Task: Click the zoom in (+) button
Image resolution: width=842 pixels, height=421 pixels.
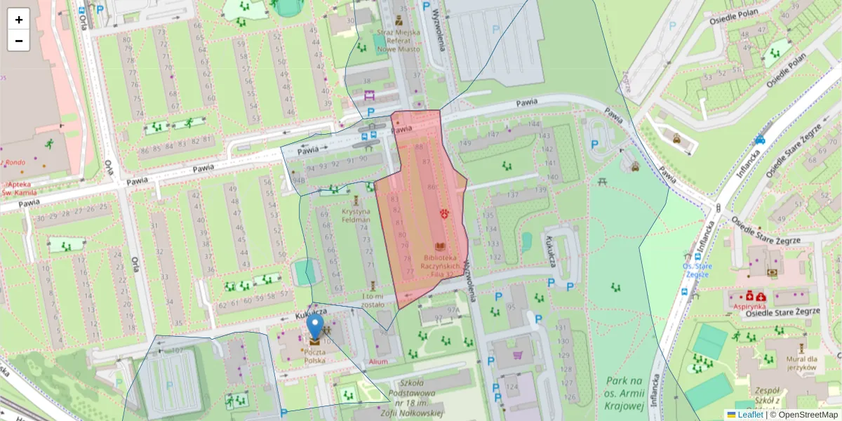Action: pos(19,20)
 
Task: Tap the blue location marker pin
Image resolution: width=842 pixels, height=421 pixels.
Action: pos(315,327)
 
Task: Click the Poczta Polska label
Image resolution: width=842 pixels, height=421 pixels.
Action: pos(314,356)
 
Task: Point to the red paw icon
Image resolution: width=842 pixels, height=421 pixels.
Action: pos(444,213)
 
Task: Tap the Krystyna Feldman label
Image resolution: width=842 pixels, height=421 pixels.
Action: pos(356,215)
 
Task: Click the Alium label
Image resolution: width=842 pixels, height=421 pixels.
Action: pos(377,361)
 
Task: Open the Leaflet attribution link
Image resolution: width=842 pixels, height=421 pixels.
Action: pos(749,415)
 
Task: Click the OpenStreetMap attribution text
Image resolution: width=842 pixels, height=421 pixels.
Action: pos(803,415)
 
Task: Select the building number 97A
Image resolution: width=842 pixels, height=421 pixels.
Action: pos(453,309)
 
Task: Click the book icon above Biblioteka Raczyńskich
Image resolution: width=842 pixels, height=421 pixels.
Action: pos(440,247)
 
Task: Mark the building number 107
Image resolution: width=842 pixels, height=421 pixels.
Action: pos(178,349)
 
